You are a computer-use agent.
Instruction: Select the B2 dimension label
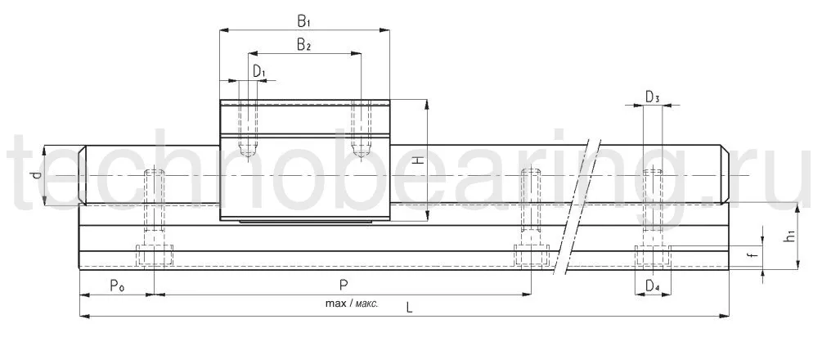(303, 44)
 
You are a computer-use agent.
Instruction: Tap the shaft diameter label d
(34, 175)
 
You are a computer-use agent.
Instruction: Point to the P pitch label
(344, 286)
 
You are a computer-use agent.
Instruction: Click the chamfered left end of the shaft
(83, 175)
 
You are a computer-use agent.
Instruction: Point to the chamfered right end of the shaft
(726, 175)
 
